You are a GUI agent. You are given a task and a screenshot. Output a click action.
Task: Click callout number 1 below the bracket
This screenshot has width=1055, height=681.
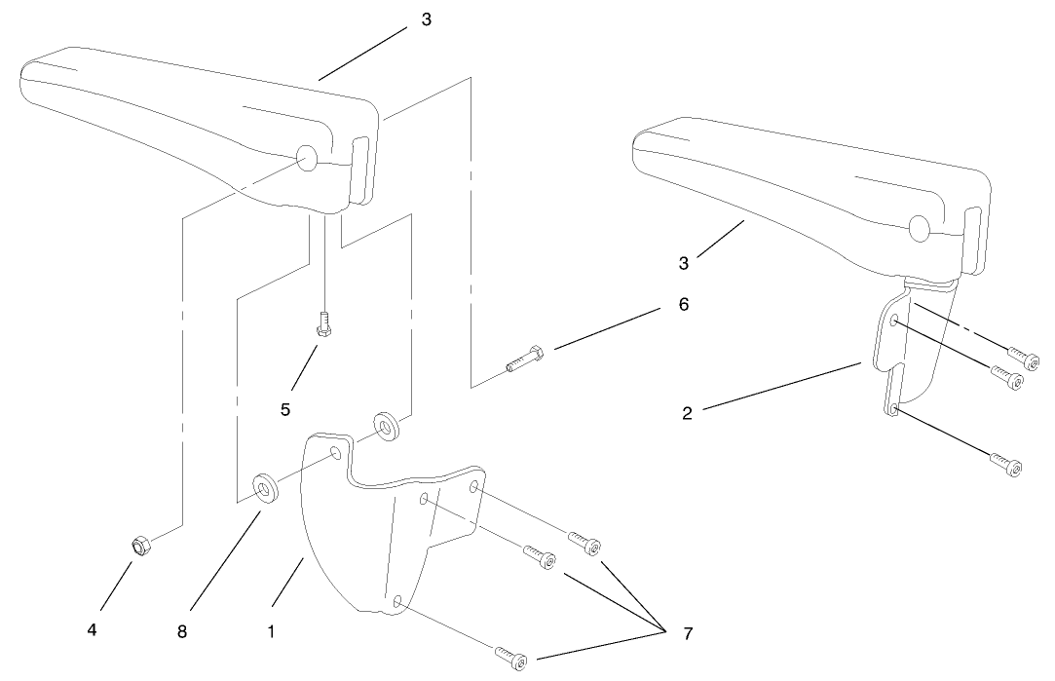(271, 631)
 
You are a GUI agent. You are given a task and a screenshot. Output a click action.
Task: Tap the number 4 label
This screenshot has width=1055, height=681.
(92, 631)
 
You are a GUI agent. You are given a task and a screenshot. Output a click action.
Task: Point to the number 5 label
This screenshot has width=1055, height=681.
(285, 410)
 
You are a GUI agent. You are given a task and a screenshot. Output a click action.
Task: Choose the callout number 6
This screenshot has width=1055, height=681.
(683, 304)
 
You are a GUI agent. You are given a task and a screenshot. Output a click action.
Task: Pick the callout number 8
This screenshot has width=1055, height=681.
(181, 631)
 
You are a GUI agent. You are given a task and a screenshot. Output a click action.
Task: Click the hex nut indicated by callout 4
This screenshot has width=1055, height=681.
(138, 546)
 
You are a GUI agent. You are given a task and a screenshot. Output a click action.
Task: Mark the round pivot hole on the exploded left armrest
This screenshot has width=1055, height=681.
(306, 159)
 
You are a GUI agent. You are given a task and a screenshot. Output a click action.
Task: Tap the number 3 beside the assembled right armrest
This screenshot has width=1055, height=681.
(685, 262)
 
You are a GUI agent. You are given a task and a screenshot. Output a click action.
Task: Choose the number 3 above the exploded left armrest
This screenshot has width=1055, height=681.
(426, 19)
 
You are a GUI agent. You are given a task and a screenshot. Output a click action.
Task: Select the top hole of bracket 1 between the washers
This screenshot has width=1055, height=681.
(334, 453)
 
